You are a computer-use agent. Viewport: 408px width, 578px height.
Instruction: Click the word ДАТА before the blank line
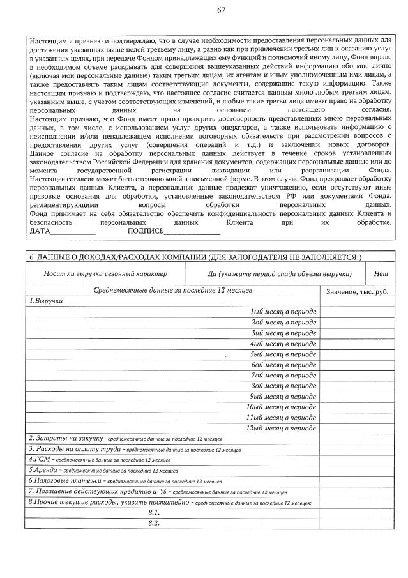point(40,231)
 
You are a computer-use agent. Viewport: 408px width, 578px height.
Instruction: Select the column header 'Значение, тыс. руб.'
point(357,291)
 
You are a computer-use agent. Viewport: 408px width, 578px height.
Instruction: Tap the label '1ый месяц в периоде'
point(284,312)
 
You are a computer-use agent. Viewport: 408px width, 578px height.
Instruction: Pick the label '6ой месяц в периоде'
point(284,365)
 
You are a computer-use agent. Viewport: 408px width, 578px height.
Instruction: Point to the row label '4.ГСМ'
point(38,459)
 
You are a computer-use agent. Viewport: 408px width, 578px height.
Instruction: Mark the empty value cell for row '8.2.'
point(357,524)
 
